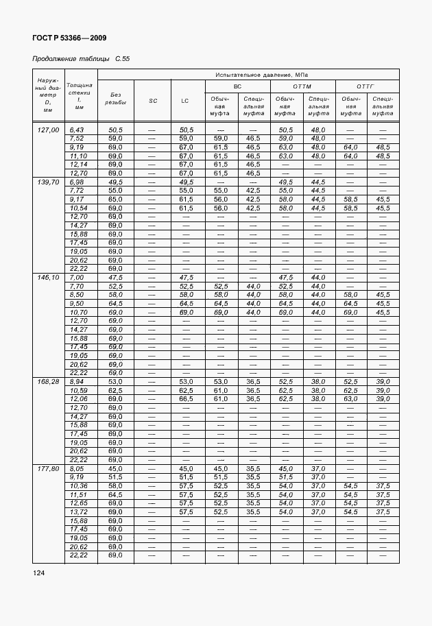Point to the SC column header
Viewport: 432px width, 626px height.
(152, 101)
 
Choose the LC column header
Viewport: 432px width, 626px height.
(185, 101)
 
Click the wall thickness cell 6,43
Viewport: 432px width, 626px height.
(76, 130)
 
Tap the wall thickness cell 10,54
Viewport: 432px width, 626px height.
(80, 208)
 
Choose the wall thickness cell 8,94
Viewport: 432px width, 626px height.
(76, 381)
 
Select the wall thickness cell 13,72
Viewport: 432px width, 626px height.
(80, 512)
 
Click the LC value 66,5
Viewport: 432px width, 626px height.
(185, 398)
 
